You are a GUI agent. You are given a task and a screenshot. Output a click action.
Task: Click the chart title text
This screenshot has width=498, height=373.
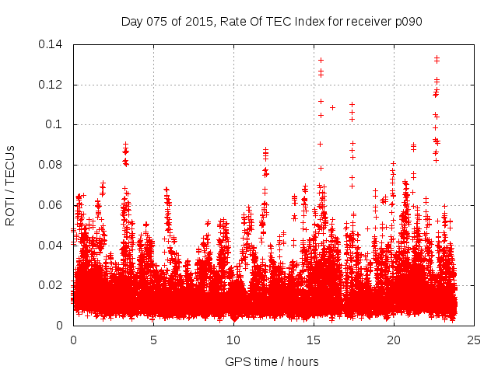pyautogui.click(x=272, y=21)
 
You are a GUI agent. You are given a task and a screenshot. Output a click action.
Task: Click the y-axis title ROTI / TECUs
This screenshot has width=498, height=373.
pyautogui.click(x=11, y=184)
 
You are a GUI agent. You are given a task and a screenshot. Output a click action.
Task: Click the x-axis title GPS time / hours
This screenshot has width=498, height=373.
pyautogui.click(x=272, y=361)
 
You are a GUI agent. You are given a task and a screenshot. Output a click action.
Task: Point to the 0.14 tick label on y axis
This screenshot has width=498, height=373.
pyautogui.click(x=52, y=44)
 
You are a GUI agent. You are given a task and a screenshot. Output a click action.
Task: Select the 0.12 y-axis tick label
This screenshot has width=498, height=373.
pyautogui.click(x=52, y=85)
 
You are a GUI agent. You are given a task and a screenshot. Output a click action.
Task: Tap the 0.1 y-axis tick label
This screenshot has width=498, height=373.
pyautogui.click(x=56, y=124)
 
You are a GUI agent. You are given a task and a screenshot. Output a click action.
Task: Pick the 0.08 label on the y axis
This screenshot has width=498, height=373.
pyautogui.click(x=52, y=165)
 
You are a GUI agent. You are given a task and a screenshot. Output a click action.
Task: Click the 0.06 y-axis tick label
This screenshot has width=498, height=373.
pyautogui.click(x=52, y=205)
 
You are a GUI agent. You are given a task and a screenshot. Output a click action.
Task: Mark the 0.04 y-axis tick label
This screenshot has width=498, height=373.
pyautogui.click(x=52, y=246)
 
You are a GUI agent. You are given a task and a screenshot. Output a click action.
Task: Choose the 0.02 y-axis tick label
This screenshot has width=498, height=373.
pyautogui.click(x=52, y=285)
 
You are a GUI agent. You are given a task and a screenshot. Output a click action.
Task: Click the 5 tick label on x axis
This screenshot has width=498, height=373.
pyautogui.click(x=153, y=340)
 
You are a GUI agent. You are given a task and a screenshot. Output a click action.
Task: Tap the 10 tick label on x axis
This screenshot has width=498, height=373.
pyautogui.click(x=233, y=340)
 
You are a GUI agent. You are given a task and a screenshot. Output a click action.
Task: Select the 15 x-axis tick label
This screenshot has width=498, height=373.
pyautogui.click(x=314, y=340)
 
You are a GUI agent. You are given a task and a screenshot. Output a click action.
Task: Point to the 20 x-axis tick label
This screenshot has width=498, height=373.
pyautogui.click(x=394, y=340)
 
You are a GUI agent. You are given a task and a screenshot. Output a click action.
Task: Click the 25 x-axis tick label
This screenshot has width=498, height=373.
pyautogui.click(x=474, y=340)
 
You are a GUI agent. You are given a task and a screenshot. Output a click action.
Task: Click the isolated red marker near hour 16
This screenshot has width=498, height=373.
pyautogui.click(x=332, y=107)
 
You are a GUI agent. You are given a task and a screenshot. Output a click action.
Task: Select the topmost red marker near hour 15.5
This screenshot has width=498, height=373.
pyautogui.click(x=321, y=60)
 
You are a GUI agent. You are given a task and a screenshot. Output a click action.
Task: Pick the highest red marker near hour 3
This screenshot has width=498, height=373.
pyautogui.click(x=125, y=145)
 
